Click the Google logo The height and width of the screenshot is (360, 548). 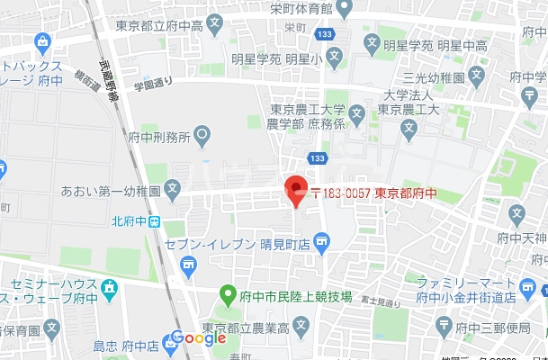(198, 338)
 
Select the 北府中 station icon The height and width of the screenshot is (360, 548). (155, 221)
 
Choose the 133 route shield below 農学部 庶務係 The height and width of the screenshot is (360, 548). (315, 158)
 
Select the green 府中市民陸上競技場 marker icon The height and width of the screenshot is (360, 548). (229, 294)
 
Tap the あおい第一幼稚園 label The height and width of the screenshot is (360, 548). (123, 191)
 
